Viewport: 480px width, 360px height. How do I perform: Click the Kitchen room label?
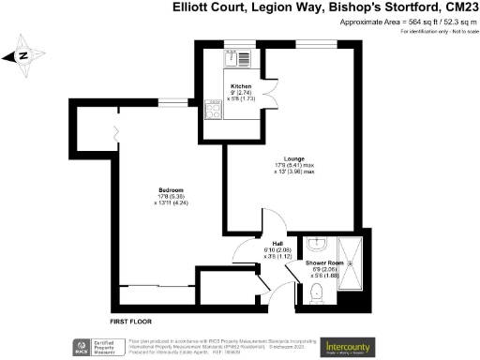pos(242,85)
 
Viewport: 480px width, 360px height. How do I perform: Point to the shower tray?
pos(355,261)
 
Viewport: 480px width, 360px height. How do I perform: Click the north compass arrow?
pos(23,53)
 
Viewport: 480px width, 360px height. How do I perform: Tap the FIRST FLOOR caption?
pos(130,307)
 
